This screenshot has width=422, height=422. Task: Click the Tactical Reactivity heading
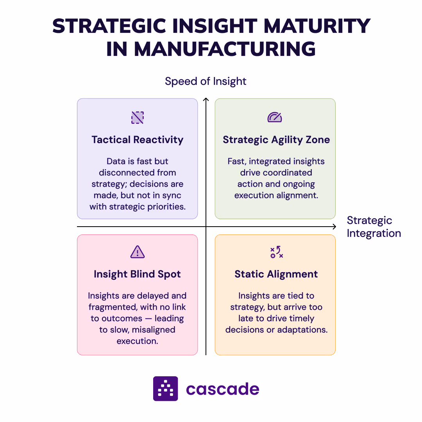(138, 140)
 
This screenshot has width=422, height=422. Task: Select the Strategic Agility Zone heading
(276, 140)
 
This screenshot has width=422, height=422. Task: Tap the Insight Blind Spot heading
(138, 274)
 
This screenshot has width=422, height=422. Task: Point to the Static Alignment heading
(276, 274)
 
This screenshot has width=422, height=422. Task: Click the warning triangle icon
(138, 252)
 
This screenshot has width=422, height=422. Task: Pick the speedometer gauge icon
(275, 117)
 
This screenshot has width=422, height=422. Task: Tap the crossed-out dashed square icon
(138, 117)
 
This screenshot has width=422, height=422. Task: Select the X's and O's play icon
(276, 252)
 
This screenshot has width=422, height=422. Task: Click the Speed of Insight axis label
(206, 81)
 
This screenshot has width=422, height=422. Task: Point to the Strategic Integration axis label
(374, 227)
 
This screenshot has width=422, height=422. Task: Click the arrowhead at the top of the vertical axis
(206, 100)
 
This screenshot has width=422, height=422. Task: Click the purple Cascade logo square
(165, 388)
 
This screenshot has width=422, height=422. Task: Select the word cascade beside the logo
(222, 389)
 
